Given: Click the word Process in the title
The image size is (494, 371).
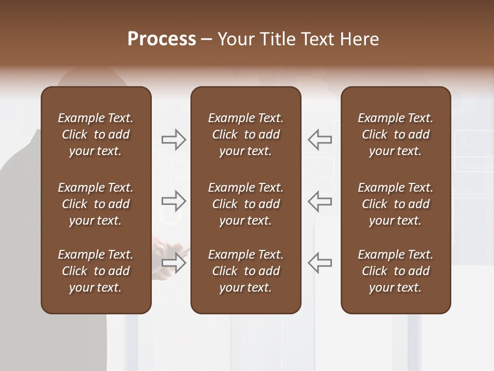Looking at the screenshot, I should click(x=162, y=39).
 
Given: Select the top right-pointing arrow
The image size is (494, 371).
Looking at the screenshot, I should click(x=173, y=140).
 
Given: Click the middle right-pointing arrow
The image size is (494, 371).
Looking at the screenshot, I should click(x=173, y=201).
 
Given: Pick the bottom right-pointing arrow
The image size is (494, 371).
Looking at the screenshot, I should click(x=173, y=262).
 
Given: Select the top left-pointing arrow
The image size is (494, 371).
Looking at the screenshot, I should click(x=320, y=140).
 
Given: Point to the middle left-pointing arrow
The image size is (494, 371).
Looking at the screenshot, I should click(x=320, y=201).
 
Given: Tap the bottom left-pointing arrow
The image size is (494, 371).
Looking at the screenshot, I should click(x=320, y=262).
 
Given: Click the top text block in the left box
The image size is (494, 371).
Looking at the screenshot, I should click(x=96, y=134).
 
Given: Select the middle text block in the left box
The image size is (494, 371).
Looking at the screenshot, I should click(x=96, y=204).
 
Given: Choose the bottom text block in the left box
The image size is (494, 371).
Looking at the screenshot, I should click(x=96, y=271).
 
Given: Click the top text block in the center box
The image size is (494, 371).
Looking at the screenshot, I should click(x=245, y=134).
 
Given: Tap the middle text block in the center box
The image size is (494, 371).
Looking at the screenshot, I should click(x=245, y=204).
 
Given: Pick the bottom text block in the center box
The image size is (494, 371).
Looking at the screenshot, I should click(x=245, y=271).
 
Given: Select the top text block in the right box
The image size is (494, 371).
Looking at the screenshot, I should click(x=396, y=134).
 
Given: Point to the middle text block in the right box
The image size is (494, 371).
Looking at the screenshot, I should click(x=396, y=204).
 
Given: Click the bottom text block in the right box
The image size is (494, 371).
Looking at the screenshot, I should click(x=396, y=271).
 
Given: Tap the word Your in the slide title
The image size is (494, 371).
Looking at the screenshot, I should click(x=234, y=39).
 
